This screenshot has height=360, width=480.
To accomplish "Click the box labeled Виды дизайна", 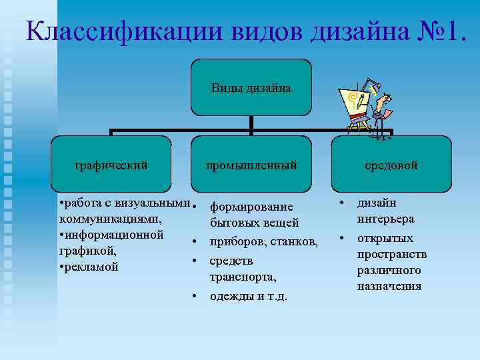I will click(251, 87).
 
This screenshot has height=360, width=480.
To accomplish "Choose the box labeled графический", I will click(111, 165).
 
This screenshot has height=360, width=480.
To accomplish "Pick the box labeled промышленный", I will click(251, 165).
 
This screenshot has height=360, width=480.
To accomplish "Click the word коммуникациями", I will click(110, 219).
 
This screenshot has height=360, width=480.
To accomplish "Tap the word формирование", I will click(251, 207).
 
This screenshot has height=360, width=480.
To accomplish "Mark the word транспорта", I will click(243, 276).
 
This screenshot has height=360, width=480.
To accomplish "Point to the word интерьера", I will click(385, 219).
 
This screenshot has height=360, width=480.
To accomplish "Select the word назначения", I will click(389, 286).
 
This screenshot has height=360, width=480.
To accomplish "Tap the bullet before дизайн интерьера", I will click(341, 203).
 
